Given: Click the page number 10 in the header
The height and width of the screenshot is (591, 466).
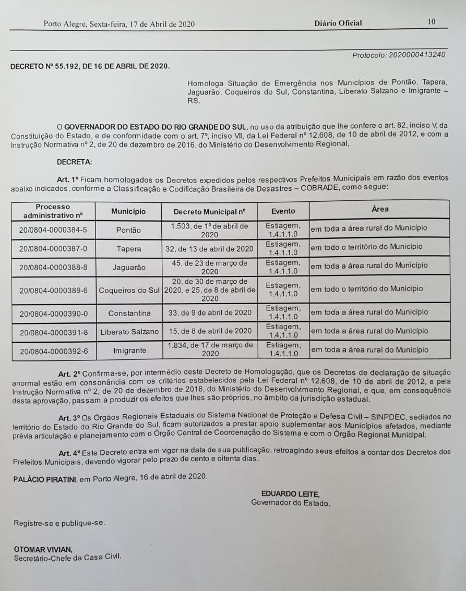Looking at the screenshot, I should click(x=431, y=22).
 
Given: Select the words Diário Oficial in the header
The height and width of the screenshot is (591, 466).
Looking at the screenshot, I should click(x=338, y=23).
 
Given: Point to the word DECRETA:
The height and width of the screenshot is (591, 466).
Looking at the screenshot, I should click(x=74, y=162).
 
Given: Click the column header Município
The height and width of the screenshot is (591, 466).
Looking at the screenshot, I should click(x=128, y=211).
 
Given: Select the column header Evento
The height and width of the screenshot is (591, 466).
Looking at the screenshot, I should click(x=283, y=211).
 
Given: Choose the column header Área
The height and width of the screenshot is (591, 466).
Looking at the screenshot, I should click(x=380, y=209).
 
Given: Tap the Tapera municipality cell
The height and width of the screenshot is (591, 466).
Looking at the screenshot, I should click(x=128, y=249).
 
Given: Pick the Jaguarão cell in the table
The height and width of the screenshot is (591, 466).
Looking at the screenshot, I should click(x=128, y=268).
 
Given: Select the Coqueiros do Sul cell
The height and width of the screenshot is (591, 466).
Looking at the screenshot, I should click(x=129, y=290).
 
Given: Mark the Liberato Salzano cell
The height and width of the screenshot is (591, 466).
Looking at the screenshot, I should click(x=129, y=331).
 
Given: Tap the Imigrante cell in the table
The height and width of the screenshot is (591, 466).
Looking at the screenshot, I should click(x=129, y=351).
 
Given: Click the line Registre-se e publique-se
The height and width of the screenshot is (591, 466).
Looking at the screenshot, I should click(x=59, y=522).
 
